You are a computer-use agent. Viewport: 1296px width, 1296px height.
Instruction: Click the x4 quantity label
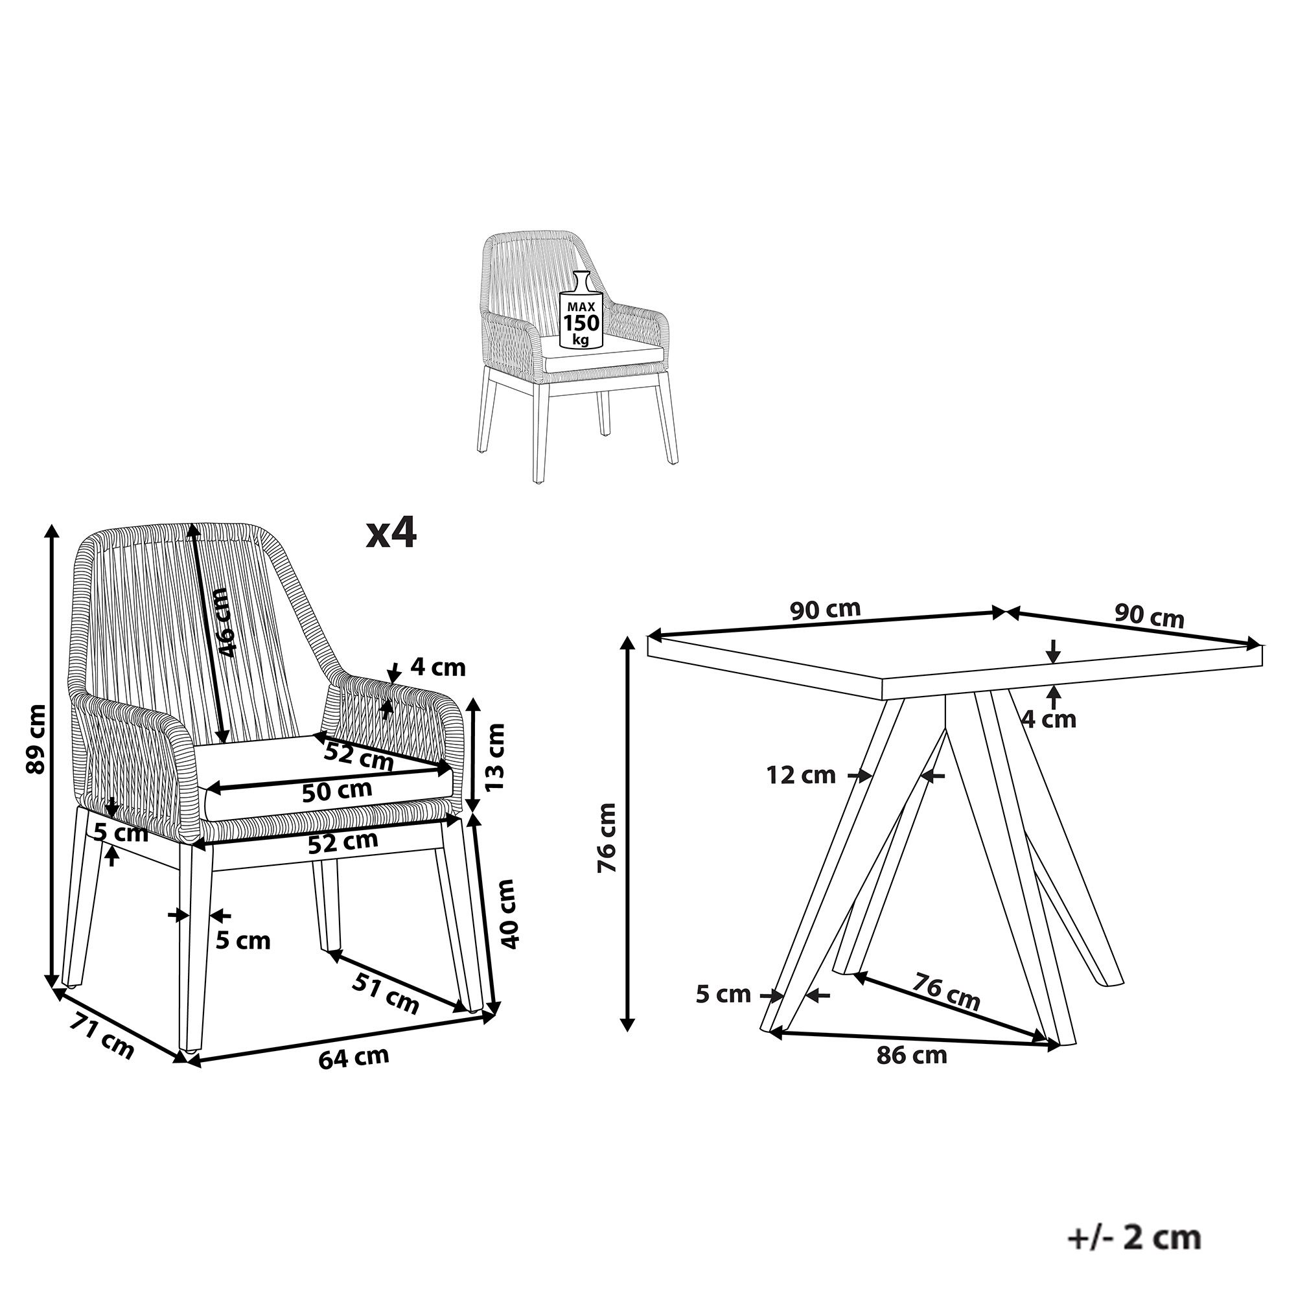pos(392,533)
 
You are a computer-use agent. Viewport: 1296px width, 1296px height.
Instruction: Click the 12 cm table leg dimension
pos(801,776)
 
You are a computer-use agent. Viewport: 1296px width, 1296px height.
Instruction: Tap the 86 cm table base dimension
pos(912,1055)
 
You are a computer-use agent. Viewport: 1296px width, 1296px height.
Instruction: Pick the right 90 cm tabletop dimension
pos(1149,616)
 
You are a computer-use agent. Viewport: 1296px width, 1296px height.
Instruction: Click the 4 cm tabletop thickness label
pos(1049,719)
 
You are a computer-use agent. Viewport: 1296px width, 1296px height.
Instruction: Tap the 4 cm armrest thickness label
pos(438,667)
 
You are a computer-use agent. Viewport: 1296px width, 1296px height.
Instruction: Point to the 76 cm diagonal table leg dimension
pos(946,992)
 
